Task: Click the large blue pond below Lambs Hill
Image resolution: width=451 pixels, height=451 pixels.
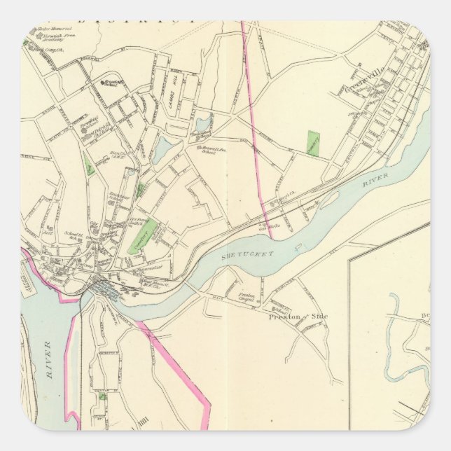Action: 164,149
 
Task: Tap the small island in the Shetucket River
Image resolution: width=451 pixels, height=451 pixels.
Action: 328,204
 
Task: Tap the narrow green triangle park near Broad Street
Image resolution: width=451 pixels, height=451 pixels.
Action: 89,165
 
